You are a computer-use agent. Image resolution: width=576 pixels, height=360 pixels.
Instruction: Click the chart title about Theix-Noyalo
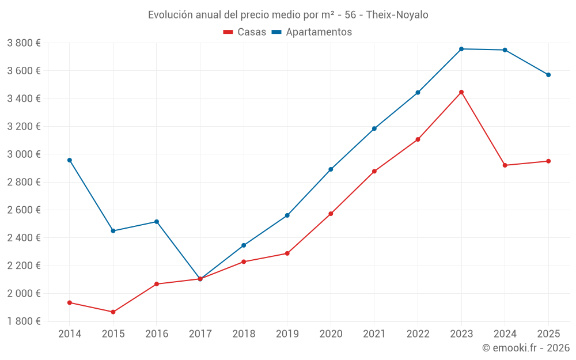[288, 15]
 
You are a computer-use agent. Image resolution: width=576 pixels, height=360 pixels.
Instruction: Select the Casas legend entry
[245, 32]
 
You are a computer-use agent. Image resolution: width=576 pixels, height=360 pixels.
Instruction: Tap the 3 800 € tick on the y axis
[24, 43]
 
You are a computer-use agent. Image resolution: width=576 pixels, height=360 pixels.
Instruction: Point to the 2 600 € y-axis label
[24, 210]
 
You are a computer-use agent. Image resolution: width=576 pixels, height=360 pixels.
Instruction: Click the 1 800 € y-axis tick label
[24, 321]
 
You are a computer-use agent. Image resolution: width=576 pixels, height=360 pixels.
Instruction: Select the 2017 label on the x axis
[200, 334]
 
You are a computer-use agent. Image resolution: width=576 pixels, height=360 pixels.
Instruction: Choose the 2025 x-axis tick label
[548, 334]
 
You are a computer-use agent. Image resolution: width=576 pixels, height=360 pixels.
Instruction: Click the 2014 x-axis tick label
[70, 334]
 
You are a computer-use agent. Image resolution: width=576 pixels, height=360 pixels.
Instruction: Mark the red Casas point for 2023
[461, 92]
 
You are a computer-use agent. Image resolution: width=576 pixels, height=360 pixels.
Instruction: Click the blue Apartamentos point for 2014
[70, 160]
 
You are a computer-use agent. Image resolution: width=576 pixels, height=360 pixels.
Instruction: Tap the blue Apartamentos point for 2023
[461, 49]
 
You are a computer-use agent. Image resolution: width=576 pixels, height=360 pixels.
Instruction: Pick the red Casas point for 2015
[113, 312]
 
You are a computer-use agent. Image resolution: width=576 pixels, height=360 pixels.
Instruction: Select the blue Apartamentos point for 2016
[157, 222]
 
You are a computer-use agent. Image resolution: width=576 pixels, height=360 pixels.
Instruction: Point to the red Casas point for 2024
[505, 165]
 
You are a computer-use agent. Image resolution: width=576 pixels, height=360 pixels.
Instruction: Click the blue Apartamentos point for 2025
[548, 75]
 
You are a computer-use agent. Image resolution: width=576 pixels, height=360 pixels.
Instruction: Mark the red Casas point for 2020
[331, 214]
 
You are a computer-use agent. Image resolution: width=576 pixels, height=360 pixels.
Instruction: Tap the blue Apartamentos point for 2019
[287, 215]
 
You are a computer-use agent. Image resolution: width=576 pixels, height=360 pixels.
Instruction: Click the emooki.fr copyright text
[525, 348]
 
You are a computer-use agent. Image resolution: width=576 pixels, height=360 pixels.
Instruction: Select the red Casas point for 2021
[374, 171]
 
